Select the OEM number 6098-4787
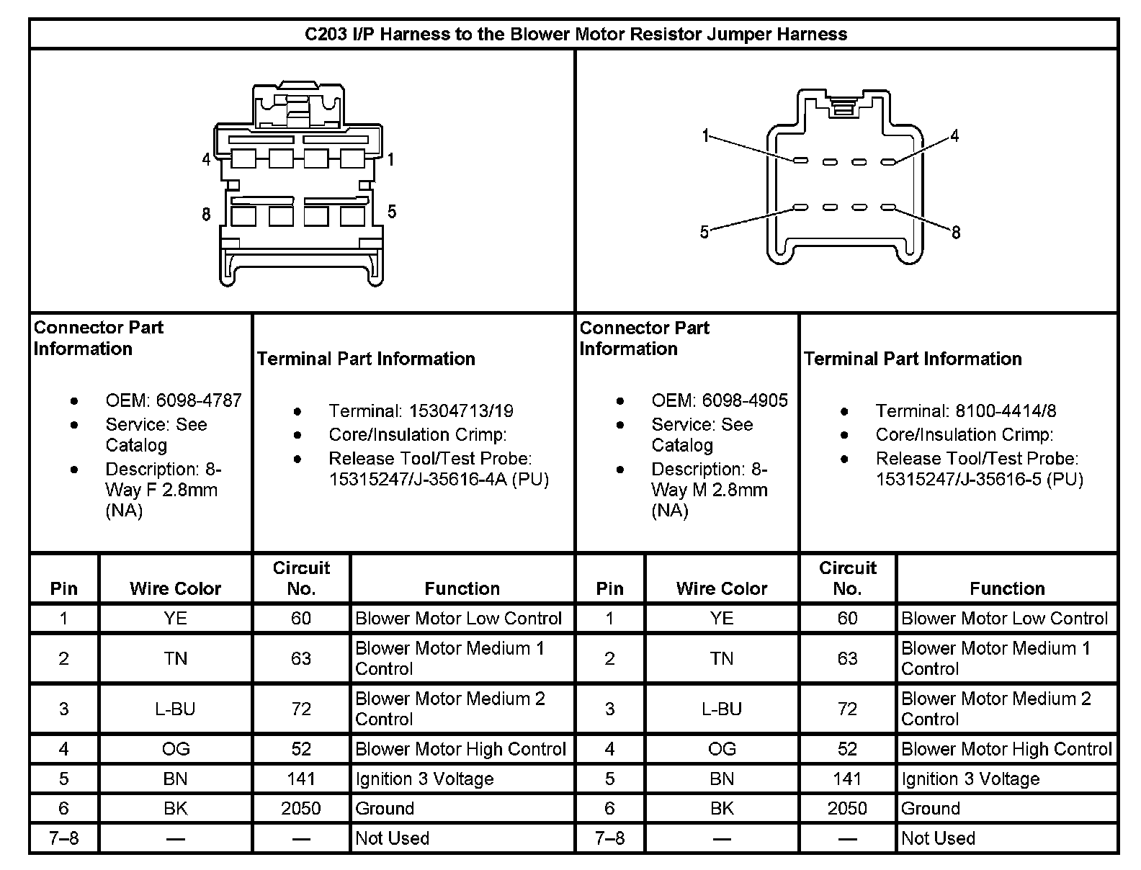tap(200, 400)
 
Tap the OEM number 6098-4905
tap(745, 400)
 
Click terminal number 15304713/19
tap(461, 411)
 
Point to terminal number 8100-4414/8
tap(1006, 411)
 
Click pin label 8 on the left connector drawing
tap(206, 214)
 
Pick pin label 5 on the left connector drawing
tap(392, 211)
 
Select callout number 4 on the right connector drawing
tap(954, 135)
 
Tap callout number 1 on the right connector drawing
tap(706, 135)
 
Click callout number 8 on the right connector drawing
tap(956, 233)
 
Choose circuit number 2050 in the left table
tap(301, 809)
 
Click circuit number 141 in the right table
tap(847, 779)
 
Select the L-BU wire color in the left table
tap(175, 709)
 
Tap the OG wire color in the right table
tap(722, 750)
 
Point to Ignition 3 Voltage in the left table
tap(424, 779)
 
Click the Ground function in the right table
tap(931, 809)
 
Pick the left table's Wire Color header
tap(175, 588)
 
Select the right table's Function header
tap(1007, 588)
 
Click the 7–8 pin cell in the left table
tap(64, 838)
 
